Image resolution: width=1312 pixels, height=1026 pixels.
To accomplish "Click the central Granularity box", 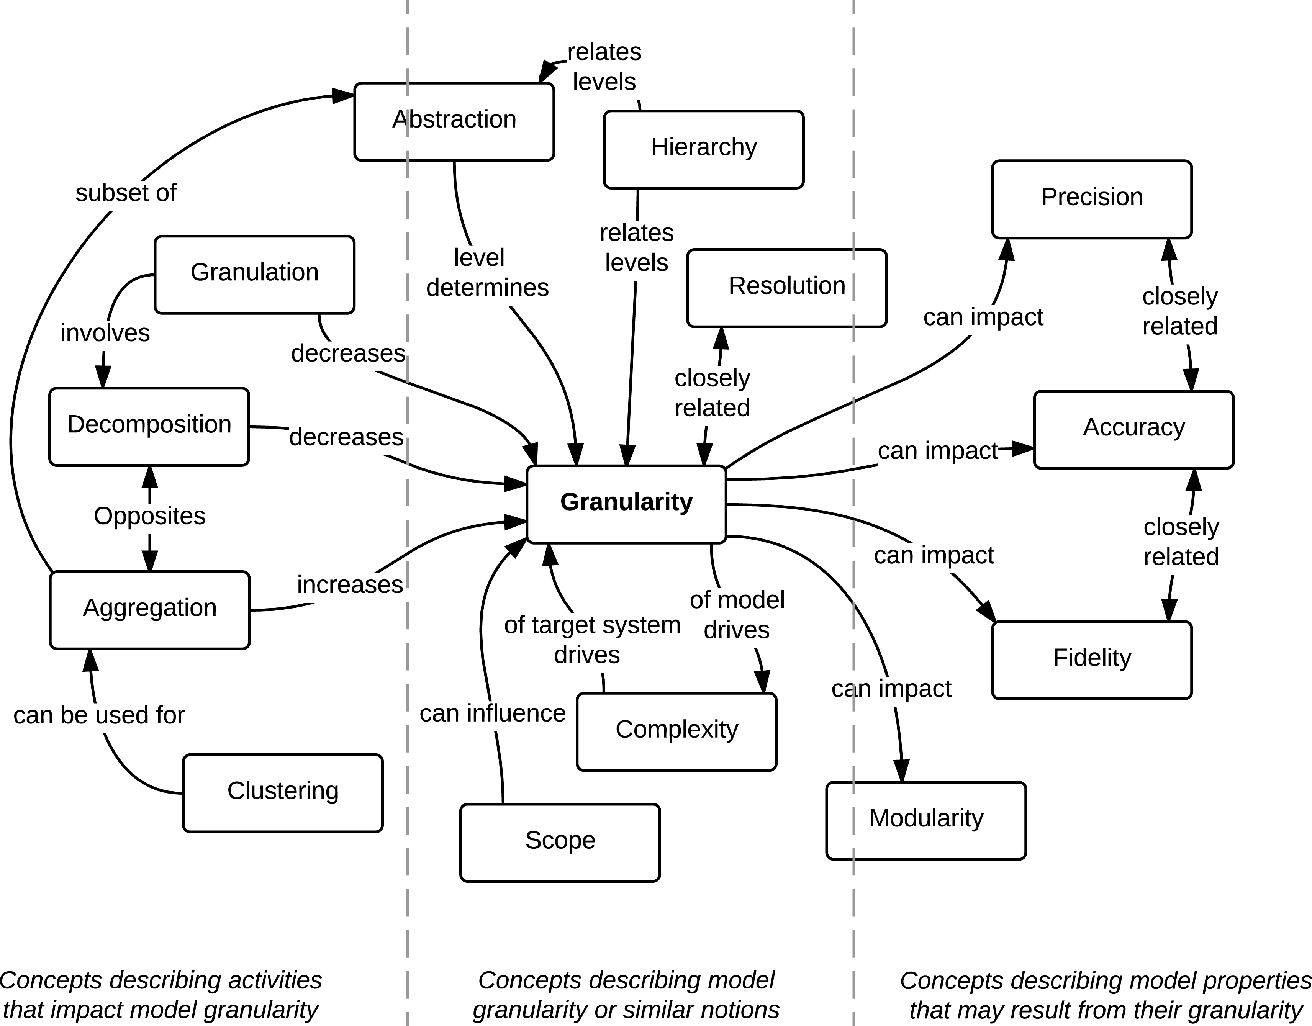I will point(626,503).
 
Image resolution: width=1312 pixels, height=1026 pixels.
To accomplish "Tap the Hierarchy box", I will point(703,148).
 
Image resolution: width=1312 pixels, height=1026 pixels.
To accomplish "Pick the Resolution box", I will point(786,287).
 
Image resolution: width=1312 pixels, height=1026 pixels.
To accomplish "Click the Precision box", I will point(1091,198).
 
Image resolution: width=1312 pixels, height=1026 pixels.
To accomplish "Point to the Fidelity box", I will point(1091,659).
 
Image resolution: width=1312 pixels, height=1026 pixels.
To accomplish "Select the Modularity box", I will point(926,819).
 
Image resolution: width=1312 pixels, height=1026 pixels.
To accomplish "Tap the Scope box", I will point(560,841).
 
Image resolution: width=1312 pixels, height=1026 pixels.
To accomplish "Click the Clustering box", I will point(282,792).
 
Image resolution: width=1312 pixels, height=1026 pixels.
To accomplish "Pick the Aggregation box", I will point(149,609).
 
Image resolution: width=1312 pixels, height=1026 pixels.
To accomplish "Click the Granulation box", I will point(254,274).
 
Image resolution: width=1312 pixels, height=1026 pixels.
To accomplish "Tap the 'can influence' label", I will point(492,713).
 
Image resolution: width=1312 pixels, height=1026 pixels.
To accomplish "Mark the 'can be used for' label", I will point(99,715).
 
